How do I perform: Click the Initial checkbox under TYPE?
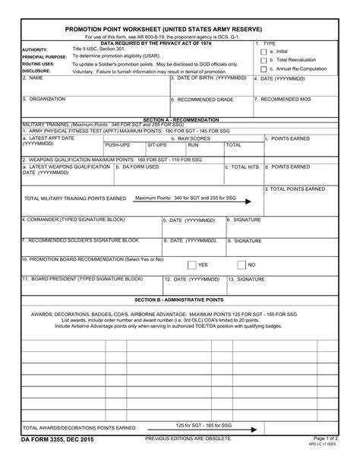tap(263, 51)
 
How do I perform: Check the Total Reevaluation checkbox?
tap(263, 60)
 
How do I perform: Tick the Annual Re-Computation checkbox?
tap(263, 69)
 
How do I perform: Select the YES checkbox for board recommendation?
tap(192, 265)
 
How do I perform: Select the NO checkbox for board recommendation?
tap(242, 265)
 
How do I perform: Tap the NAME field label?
tap(33, 78)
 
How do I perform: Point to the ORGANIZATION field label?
tap(44, 99)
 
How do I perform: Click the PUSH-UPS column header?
tap(118, 144)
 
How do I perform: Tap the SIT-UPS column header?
tap(157, 144)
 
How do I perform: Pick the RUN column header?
tap(193, 144)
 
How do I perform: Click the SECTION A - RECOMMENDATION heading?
tap(179, 120)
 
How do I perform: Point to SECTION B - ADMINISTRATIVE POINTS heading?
tap(179, 300)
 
